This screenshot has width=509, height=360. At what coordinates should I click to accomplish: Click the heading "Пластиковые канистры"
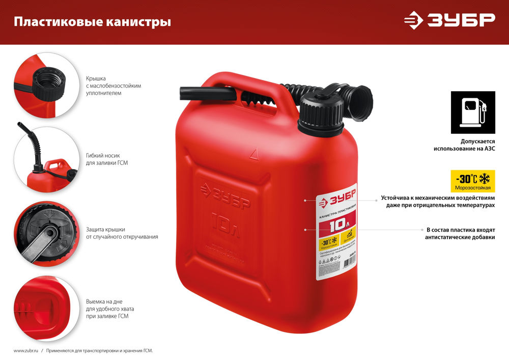[x=92, y=22]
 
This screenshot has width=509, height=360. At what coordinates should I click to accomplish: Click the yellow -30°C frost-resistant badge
[x=473, y=181]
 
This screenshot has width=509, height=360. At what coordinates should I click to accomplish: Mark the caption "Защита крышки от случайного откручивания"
[x=122, y=233]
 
